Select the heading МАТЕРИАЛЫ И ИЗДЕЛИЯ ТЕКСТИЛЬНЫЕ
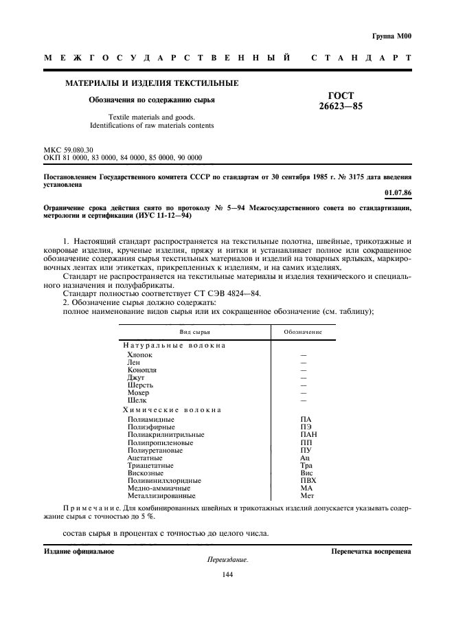click(x=152, y=83)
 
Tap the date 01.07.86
click(x=398, y=194)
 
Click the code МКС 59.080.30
click(x=69, y=149)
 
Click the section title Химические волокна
click(x=172, y=409)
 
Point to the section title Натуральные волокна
click(x=174, y=345)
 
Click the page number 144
click(x=227, y=575)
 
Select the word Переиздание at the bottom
click(x=227, y=560)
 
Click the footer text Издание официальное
click(x=79, y=550)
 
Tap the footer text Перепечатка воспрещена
click(x=371, y=550)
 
